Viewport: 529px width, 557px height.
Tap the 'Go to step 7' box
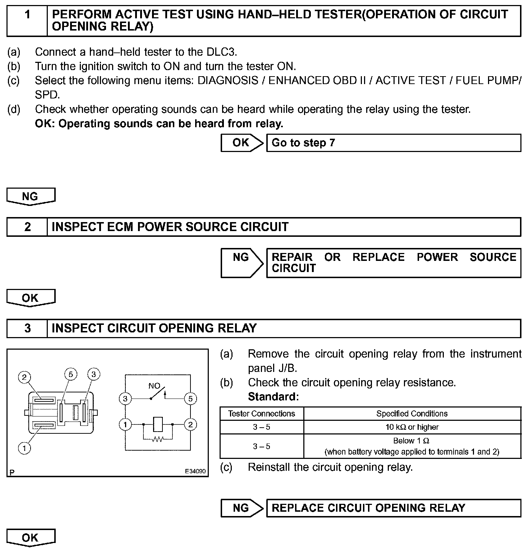coord(393,143)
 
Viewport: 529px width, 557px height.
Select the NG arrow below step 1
coord(31,196)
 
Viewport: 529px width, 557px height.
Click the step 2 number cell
coord(27,227)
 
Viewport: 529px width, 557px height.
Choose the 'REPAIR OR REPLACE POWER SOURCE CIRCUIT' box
coord(393,263)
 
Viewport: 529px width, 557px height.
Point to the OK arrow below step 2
coord(31,298)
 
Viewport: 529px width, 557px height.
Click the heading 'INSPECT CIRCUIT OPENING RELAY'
coord(154,328)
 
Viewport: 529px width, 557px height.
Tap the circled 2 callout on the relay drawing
coord(24,377)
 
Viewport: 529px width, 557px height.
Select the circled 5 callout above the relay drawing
coord(70,374)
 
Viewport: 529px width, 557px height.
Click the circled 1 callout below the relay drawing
coord(24,448)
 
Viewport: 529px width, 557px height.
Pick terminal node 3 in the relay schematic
coord(125,399)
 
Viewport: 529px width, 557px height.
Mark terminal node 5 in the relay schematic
coord(190,399)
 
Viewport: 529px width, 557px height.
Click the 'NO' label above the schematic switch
coord(154,386)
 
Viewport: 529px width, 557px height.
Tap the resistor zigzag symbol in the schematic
coord(157,439)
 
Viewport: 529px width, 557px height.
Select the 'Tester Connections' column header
coord(262,414)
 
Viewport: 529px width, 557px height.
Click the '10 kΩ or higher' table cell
coord(412,427)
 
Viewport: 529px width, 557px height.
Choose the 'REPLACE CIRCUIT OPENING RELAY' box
coord(393,508)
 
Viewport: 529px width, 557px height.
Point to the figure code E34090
coord(195,471)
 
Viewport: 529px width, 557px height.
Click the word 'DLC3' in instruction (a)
coord(221,52)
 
